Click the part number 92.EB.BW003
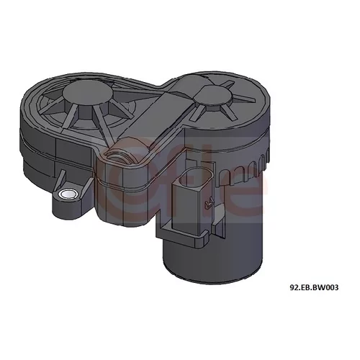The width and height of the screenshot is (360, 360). click(x=314, y=287)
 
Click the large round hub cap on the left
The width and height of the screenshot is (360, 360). click(x=88, y=92)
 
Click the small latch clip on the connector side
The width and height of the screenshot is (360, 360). click(x=208, y=202)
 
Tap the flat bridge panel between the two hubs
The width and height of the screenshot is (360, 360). click(x=158, y=110)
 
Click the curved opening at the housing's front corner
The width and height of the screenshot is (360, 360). click(x=121, y=153)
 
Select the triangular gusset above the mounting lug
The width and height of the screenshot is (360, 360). click(x=60, y=179)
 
